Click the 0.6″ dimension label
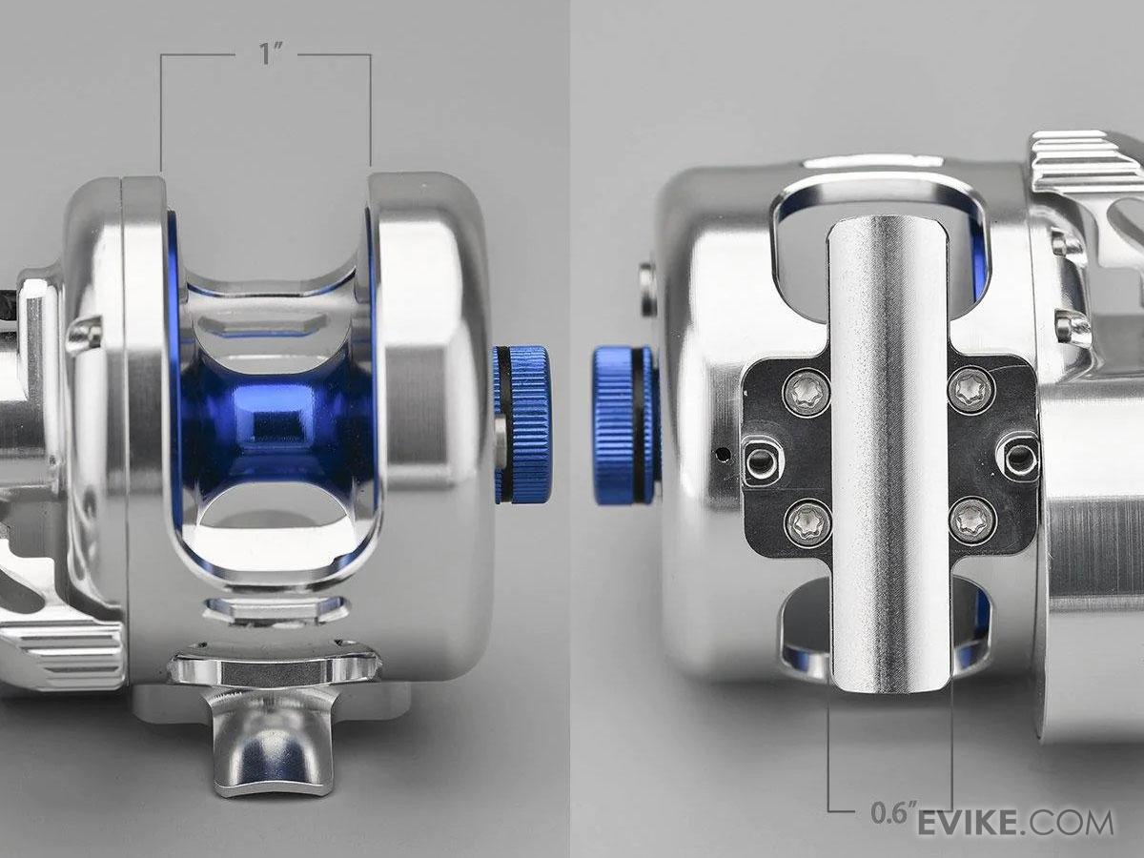point(894,813)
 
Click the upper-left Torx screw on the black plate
point(806,391)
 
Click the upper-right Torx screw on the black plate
point(971,391)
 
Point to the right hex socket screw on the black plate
point(1019,457)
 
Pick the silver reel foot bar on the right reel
point(889,448)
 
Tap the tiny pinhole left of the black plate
point(723,452)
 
